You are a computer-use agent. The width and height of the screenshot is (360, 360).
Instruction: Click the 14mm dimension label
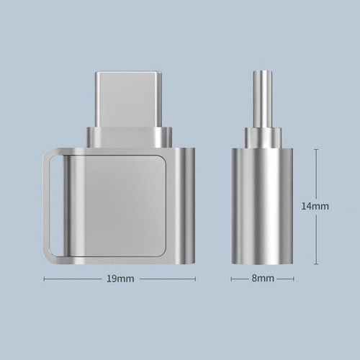pos(315,206)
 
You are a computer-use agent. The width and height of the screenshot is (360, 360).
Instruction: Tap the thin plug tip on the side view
pos(262,98)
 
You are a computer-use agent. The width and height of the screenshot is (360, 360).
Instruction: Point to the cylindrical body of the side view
pos(262,205)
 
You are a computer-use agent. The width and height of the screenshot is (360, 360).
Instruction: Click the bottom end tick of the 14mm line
pos(315,264)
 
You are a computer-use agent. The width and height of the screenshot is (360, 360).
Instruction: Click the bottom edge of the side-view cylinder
pos(262,262)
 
